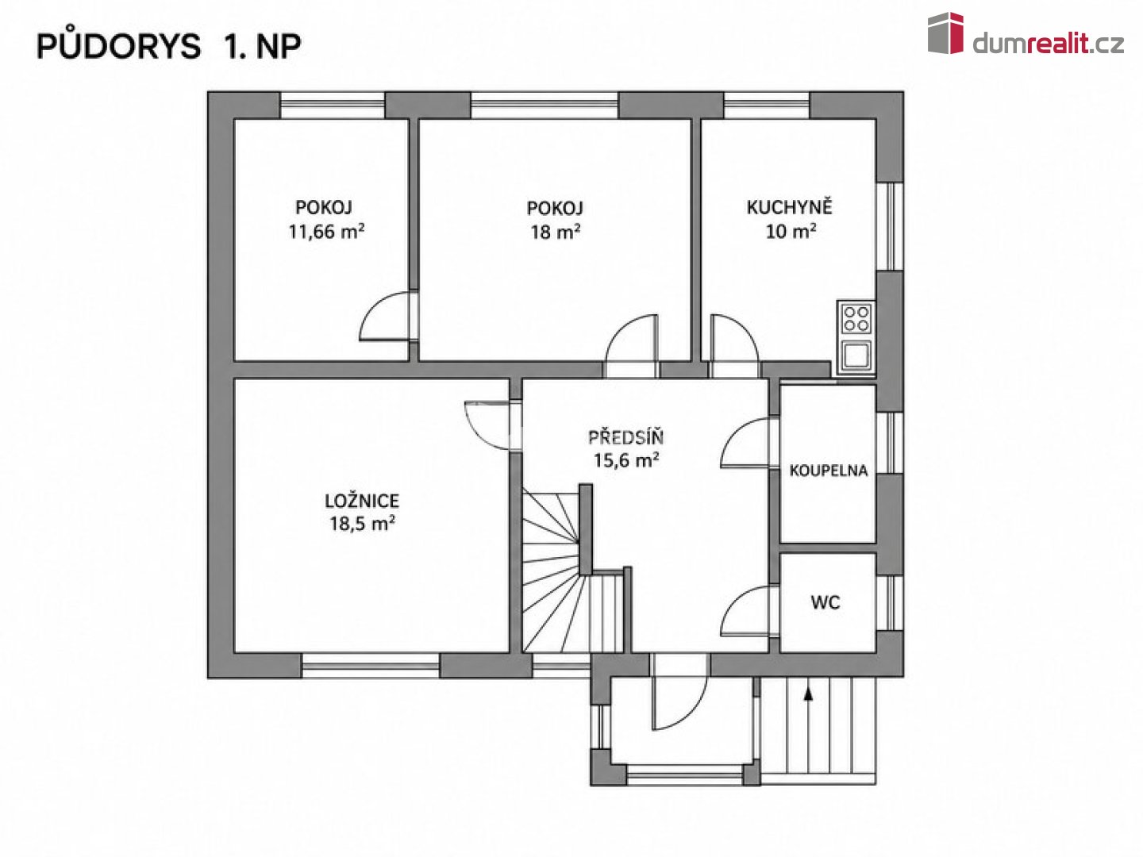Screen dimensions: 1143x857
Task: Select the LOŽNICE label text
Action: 362,501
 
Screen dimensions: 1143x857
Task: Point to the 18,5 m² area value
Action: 362,523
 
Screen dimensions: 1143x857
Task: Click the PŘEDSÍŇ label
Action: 626,436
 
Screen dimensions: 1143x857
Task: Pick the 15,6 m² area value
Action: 626,460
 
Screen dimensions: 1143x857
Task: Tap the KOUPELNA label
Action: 829,471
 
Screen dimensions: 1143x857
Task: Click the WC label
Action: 825,602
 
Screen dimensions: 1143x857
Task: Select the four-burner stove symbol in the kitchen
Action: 856,318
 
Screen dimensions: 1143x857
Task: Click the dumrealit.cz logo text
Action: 1048,44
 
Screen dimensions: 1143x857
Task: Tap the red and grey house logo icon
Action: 945,33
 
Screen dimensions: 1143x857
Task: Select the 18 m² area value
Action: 555,232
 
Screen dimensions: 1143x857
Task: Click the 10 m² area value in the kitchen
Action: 790,231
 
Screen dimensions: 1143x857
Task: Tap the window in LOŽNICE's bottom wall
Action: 371,666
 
